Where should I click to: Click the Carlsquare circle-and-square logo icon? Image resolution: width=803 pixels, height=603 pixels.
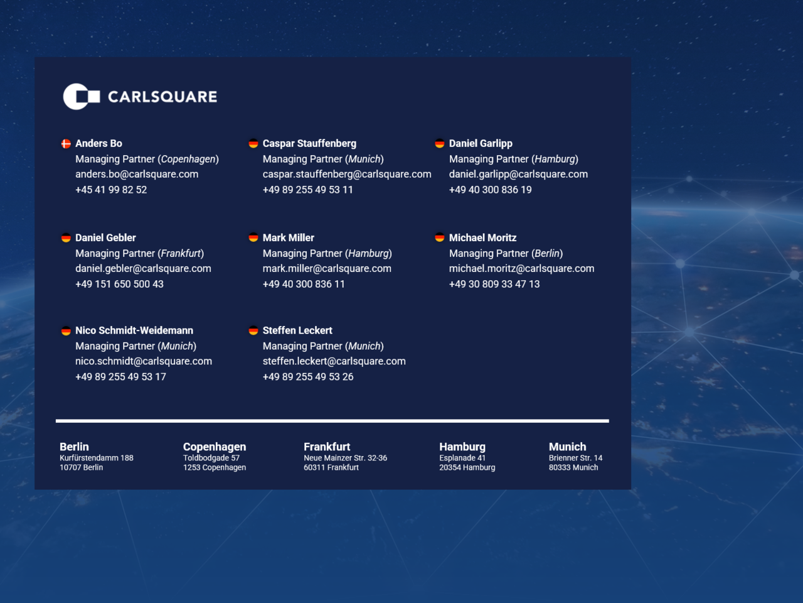[81, 96]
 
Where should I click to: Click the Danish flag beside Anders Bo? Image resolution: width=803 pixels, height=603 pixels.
[66, 143]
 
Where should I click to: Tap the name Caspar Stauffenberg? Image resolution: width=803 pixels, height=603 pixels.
[309, 143]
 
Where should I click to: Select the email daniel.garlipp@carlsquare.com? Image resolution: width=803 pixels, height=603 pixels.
[518, 174]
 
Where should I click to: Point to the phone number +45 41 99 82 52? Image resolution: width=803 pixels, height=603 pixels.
[111, 190]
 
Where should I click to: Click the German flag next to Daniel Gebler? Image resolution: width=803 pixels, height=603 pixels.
[66, 238]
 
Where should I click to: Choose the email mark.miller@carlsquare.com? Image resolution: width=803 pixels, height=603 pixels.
[327, 269]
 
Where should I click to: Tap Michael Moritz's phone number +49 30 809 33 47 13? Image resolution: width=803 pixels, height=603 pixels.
[494, 284]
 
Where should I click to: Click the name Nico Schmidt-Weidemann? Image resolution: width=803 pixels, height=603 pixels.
[134, 330]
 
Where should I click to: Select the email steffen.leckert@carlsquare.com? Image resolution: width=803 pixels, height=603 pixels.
[334, 361]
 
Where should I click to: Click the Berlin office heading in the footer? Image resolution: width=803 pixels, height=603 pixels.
[74, 447]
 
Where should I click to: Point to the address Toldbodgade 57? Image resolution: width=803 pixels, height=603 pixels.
[211, 458]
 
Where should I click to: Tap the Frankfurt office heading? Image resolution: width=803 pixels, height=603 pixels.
[327, 447]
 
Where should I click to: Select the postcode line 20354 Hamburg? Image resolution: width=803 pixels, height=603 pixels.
[467, 467]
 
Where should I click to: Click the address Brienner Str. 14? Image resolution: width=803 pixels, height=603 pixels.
[575, 458]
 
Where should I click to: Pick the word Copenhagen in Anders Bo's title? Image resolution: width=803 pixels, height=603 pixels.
[188, 160]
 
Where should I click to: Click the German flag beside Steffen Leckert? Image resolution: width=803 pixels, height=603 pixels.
[253, 330]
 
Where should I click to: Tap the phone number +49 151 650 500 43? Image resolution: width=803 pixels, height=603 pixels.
[119, 284]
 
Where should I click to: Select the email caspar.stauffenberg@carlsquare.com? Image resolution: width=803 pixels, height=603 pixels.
[347, 174]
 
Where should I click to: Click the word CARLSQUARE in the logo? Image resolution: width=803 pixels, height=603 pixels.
[162, 97]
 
